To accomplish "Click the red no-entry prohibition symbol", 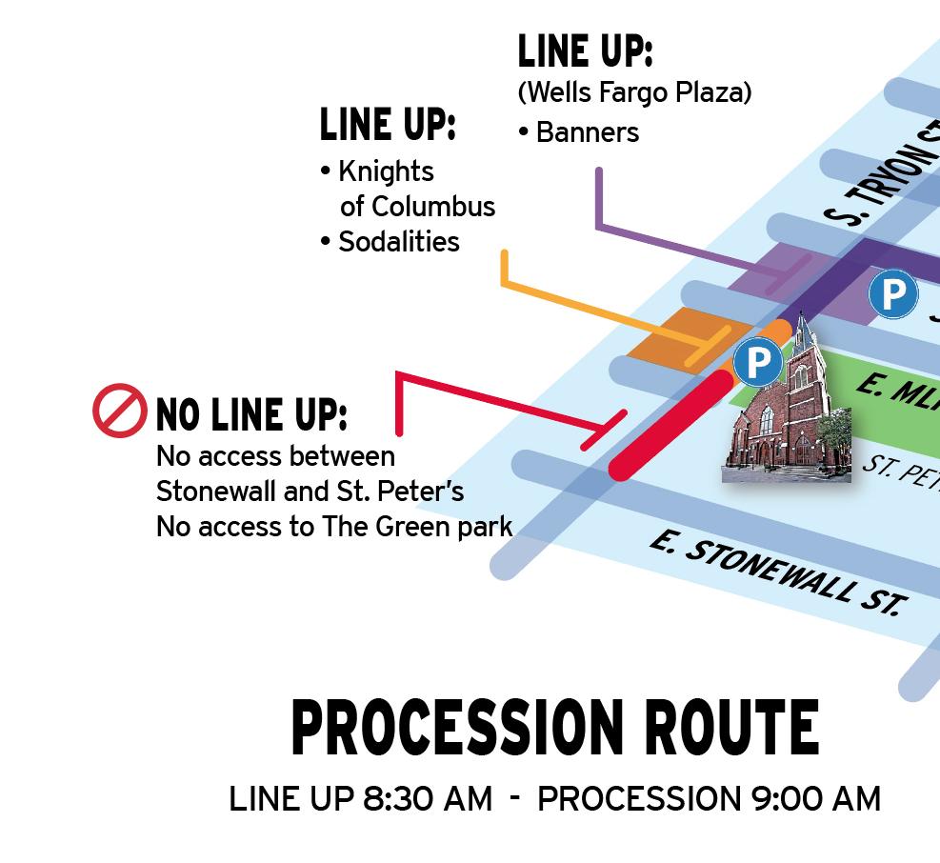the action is click(120, 411).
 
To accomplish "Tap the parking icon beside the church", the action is click(758, 362).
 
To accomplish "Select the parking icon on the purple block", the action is click(892, 295).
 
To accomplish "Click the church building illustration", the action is click(789, 419).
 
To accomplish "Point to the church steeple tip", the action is click(803, 316).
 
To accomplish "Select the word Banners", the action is click(587, 132).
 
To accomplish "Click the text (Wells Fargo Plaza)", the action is click(634, 92).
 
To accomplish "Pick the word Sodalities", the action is click(398, 242).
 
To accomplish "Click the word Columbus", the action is click(433, 207).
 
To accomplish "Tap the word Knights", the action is click(386, 171).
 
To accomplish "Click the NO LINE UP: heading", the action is click(251, 415).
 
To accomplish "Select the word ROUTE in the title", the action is click(730, 729).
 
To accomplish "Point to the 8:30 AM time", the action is click(428, 799).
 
